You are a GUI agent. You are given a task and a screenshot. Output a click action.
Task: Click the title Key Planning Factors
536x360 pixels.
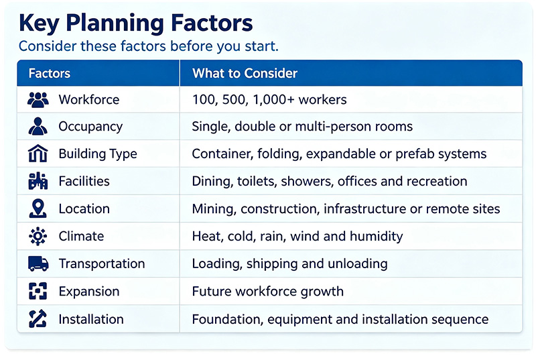[x=136, y=23]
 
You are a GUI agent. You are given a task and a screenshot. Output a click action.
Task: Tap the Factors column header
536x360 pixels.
[x=50, y=73]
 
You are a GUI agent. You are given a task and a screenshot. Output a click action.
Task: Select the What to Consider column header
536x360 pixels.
[x=245, y=73]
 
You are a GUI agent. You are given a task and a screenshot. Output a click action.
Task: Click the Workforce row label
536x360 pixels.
[x=89, y=99]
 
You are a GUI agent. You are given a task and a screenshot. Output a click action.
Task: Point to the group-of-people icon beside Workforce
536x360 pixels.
[x=38, y=100]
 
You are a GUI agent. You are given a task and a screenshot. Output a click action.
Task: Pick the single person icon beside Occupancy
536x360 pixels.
[x=38, y=127]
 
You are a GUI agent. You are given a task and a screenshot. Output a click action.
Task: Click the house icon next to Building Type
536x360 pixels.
[x=38, y=153]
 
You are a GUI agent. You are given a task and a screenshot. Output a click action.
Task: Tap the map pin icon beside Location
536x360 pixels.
[x=38, y=208]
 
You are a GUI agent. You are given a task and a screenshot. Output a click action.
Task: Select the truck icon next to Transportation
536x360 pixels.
[x=38, y=263]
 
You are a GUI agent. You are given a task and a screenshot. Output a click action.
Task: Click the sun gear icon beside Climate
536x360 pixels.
[x=38, y=236]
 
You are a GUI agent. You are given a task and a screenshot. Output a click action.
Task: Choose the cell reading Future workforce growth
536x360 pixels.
[x=267, y=291]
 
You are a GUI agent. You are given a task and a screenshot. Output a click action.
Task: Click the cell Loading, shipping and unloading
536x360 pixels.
[x=290, y=263]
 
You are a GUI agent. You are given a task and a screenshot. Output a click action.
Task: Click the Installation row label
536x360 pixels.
[x=91, y=319]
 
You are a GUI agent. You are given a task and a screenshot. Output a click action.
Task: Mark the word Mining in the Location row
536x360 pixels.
[x=214, y=209]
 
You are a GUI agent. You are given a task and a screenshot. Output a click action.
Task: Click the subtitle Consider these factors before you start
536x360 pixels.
[x=149, y=46]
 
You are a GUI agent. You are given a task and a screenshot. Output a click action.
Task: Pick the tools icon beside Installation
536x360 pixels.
[x=38, y=318]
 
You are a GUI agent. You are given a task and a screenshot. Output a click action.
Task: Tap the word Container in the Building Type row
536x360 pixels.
[x=222, y=154]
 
